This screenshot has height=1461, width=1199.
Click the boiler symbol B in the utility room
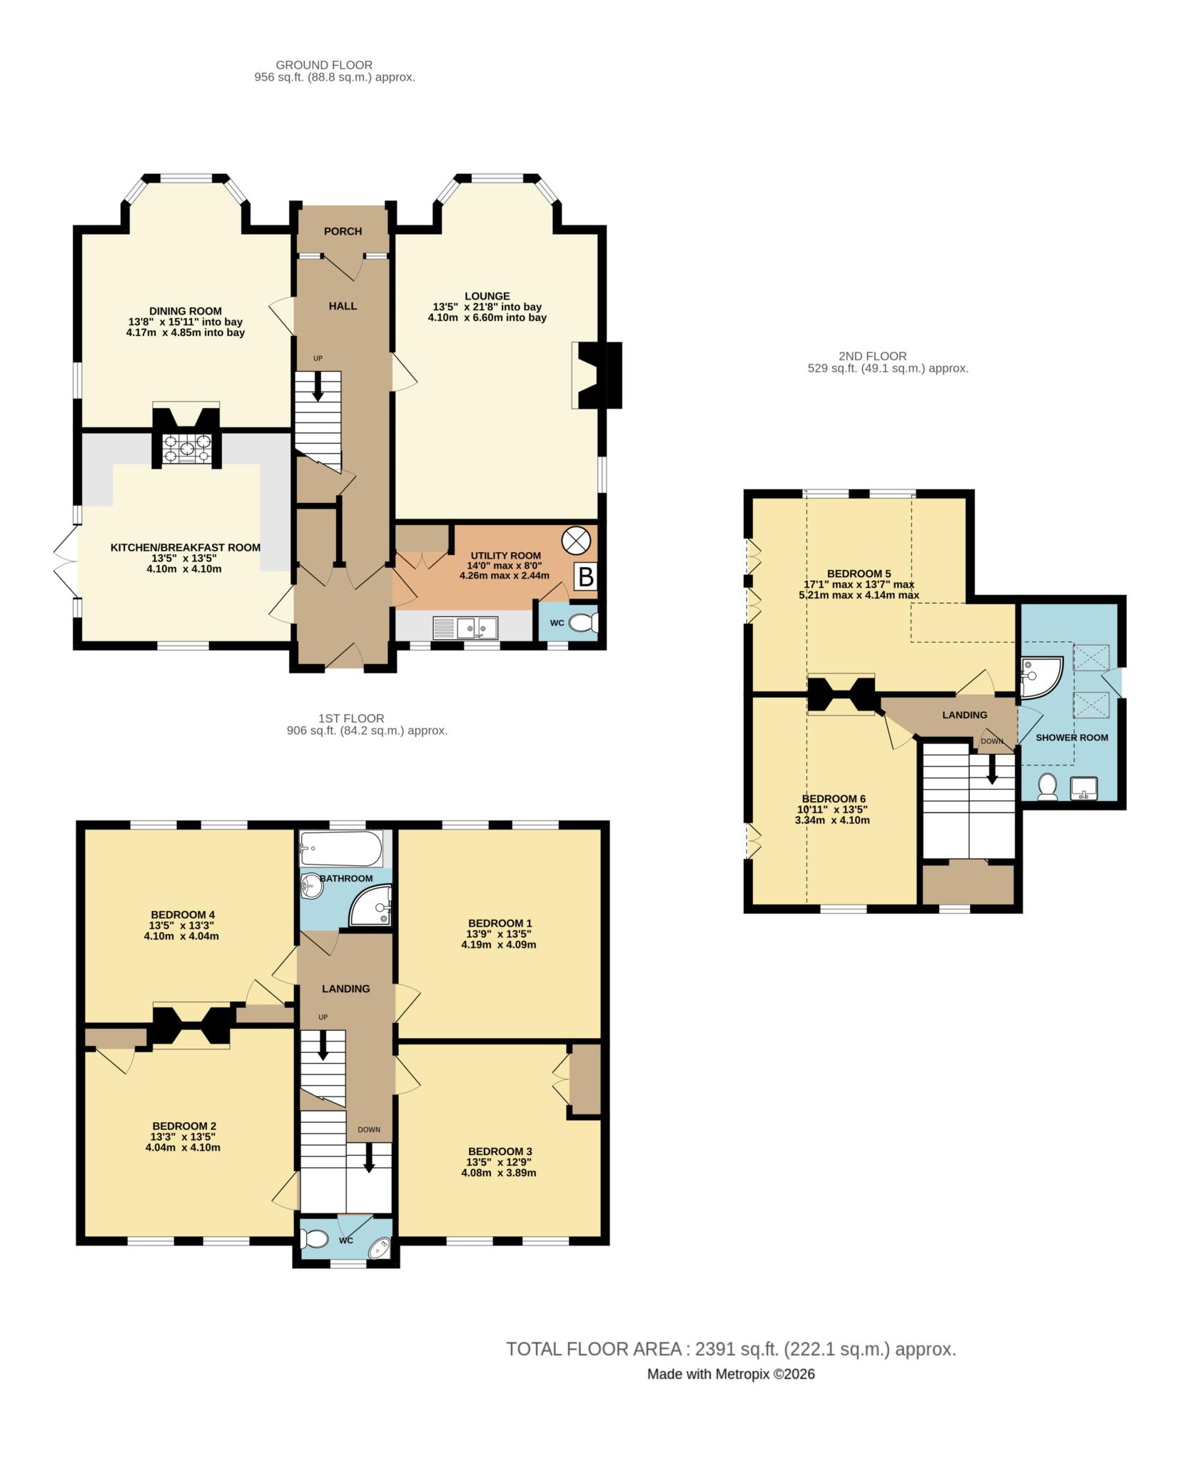tap(585, 576)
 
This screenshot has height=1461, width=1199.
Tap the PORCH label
tap(343, 231)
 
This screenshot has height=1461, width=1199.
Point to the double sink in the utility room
tap(465, 628)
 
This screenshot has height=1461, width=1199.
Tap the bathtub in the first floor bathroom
tap(341, 848)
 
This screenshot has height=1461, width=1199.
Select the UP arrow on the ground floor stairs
tap(318, 386)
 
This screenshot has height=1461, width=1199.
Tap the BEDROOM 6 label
tap(834, 798)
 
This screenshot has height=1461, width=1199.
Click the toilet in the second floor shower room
tap(1048, 785)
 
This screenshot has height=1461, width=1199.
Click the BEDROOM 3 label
tap(500, 1151)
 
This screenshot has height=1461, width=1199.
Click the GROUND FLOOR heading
tap(324, 65)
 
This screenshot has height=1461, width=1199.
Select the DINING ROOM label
tap(185, 311)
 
